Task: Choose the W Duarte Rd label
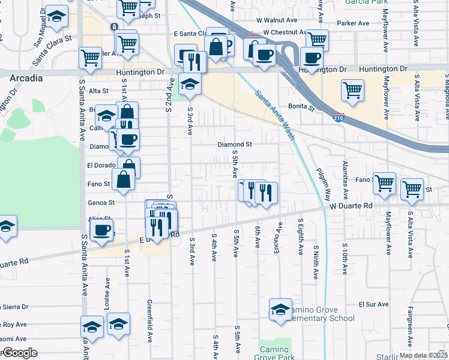(351, 205)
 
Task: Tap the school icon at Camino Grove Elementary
(280, 310)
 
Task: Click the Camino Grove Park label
(276, 353)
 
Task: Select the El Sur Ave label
(370, 305)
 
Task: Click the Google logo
(19, 353)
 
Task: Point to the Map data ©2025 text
(423, 355)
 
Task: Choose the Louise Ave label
(107, 292)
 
